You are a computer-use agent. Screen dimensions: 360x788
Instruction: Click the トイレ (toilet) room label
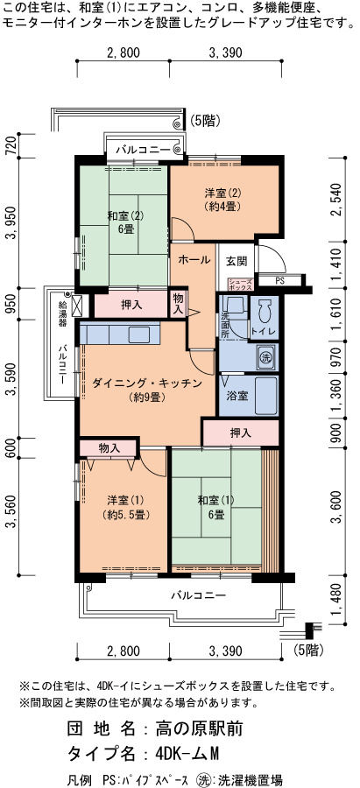point(263,331)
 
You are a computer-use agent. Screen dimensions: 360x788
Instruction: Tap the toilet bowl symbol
point(265,312)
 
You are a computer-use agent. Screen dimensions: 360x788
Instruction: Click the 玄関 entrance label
point(235,261)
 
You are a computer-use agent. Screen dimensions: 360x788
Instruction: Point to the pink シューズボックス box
point(240,285)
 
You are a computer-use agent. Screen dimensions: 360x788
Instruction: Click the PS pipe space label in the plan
point(279,281)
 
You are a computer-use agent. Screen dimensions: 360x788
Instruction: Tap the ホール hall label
point(194,259)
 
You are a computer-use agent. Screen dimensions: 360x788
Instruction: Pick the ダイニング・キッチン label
point(147,383)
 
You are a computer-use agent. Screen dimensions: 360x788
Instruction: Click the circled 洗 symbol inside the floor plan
point(265,358)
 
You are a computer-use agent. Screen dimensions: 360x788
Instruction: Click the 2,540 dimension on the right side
point(338,200)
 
